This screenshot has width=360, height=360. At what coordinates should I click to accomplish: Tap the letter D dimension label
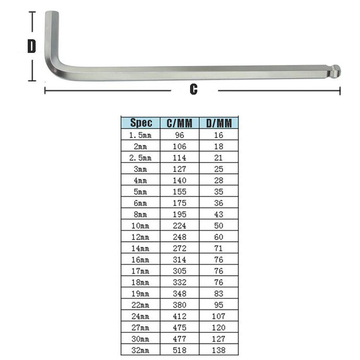pyautogui.click(x=32, y=46)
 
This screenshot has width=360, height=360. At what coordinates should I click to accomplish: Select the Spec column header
pyautogui.click(x=141, y=123)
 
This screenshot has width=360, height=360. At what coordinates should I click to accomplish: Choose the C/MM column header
pyautogui.click(x=179, y=123)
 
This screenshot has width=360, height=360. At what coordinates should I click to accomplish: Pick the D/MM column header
pyautogui.click(x=219, y=123)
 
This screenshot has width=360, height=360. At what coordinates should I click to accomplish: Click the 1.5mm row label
pyautogui.click(x=140, y=135)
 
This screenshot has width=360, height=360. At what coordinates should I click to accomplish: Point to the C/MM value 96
pyautogui.click(x=179, y=135)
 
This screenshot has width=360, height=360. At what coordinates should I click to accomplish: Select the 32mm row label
pyautogui.click(x=140, y=350)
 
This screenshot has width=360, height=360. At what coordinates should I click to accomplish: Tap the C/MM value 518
pyautogui.click(x=179, y=350)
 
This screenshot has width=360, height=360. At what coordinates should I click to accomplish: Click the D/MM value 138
pyautogui.click(x=219, y=350)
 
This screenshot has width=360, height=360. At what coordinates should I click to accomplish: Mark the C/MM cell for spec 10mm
pyautogui.click(x=179, y=226)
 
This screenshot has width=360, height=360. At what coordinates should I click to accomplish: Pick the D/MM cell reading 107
pyautogui.click(x=219, y=316)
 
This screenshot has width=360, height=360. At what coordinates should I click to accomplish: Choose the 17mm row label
pyautogui.click(x=140, y=271)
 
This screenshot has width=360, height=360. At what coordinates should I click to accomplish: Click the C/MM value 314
pyautogui.click(x=179, y=259)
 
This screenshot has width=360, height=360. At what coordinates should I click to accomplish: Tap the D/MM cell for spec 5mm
pyautogui.click(x=219, y=192)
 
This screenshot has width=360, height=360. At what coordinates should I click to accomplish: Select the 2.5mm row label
pyautogui.click(x=140, y=158)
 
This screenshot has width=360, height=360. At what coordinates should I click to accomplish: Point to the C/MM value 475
pyautogui.click(x=179, y=327)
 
